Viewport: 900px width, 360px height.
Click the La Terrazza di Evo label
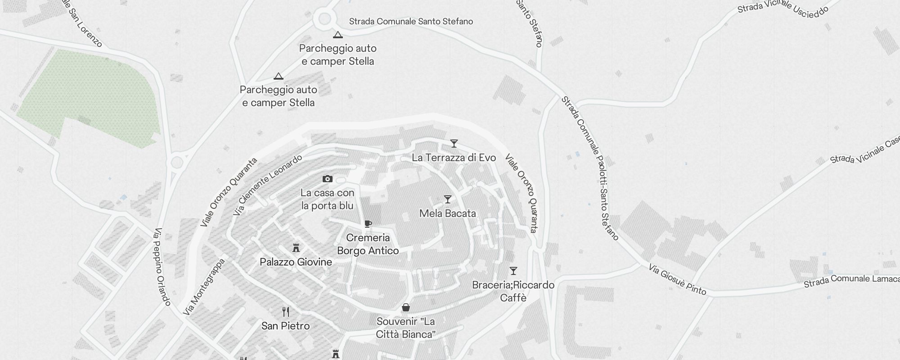click(x=454, y=157)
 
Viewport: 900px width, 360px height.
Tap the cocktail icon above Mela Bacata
click(x=447, y=199)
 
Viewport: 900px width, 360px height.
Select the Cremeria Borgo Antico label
click(x=368, y=244)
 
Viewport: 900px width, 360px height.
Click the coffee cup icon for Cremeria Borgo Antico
click(x=368, y=224)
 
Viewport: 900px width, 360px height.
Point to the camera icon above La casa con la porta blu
click(x=327, y=179)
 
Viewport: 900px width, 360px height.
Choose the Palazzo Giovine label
click(x=296, y=262)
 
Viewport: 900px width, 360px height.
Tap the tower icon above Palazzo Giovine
click(x=296, y=248)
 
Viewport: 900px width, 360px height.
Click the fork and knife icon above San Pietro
click(x=285, y=311)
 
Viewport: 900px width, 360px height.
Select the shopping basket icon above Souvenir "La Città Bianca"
click(x=405, y=307)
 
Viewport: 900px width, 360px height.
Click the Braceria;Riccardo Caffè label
click(x=513, y=291)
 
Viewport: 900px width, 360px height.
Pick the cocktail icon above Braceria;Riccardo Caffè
click(x=513, y=271)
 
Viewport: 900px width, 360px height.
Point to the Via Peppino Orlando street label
click(x=162, y=267)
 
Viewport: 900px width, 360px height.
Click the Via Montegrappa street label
click(x=204, y=287)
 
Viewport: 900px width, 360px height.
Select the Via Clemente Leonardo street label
click(x=267, y=185)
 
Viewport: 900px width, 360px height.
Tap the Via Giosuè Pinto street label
click(x=677, y=280)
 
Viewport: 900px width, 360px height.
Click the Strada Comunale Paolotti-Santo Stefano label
click(x=590, y=168)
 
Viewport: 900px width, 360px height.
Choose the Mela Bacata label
click(x=447, y=213)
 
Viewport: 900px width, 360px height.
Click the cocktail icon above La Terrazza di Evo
click(x=454, y=144)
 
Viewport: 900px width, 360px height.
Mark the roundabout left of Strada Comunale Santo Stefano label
click(x=324, y=19)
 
